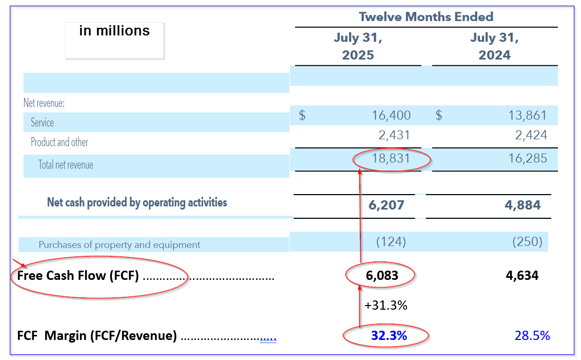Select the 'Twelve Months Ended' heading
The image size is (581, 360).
426,16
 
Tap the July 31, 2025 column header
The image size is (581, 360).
358,46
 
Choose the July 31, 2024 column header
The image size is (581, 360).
494,46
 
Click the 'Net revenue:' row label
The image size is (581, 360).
44,103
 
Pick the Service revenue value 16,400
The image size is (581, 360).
391,116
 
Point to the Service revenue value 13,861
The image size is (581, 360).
528,116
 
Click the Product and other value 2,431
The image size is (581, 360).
394,136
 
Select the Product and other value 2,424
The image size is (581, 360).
531,136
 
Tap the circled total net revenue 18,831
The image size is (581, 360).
391,159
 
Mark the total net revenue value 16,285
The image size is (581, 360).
528,159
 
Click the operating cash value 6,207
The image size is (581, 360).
386,205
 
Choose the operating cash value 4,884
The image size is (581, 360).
522,205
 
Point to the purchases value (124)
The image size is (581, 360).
391,241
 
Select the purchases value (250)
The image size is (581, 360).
528,241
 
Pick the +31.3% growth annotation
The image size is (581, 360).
386,306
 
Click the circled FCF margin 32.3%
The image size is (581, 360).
389,336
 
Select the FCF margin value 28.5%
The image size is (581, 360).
532,336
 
